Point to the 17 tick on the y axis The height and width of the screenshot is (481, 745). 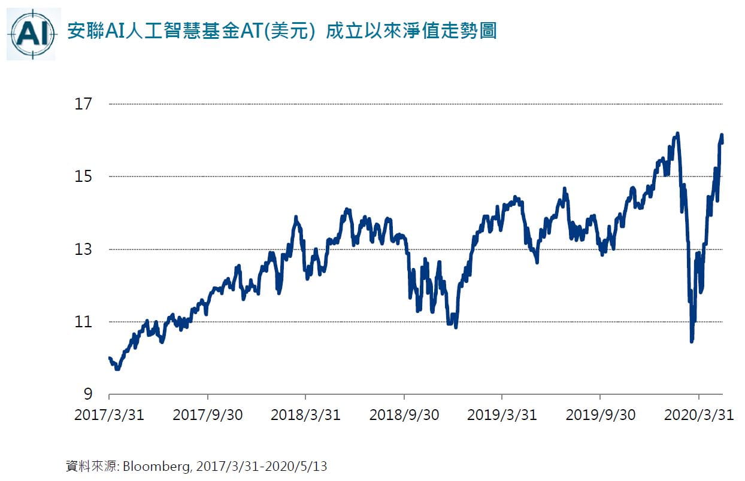(83, 104)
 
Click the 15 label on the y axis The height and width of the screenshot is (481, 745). (83, 176)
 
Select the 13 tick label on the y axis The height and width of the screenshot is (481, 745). (83, 249)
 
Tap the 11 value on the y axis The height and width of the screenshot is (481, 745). (83, 322)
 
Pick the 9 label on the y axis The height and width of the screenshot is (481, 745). (87, 394)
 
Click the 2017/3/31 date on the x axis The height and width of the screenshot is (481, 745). (109, 415)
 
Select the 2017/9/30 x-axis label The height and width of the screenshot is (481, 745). (208, 415)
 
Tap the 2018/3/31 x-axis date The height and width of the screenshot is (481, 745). (305, 415)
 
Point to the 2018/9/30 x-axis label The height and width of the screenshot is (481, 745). (404, 415)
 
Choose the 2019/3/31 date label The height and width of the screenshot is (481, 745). (502, 415)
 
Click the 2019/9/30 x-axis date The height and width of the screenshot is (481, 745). (601, 415)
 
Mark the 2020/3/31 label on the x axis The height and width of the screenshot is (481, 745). (698, 415)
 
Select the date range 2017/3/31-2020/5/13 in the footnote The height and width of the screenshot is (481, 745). (261, 466)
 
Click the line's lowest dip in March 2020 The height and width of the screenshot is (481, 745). (692, 341)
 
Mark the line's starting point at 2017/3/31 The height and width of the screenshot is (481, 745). (110, 358)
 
